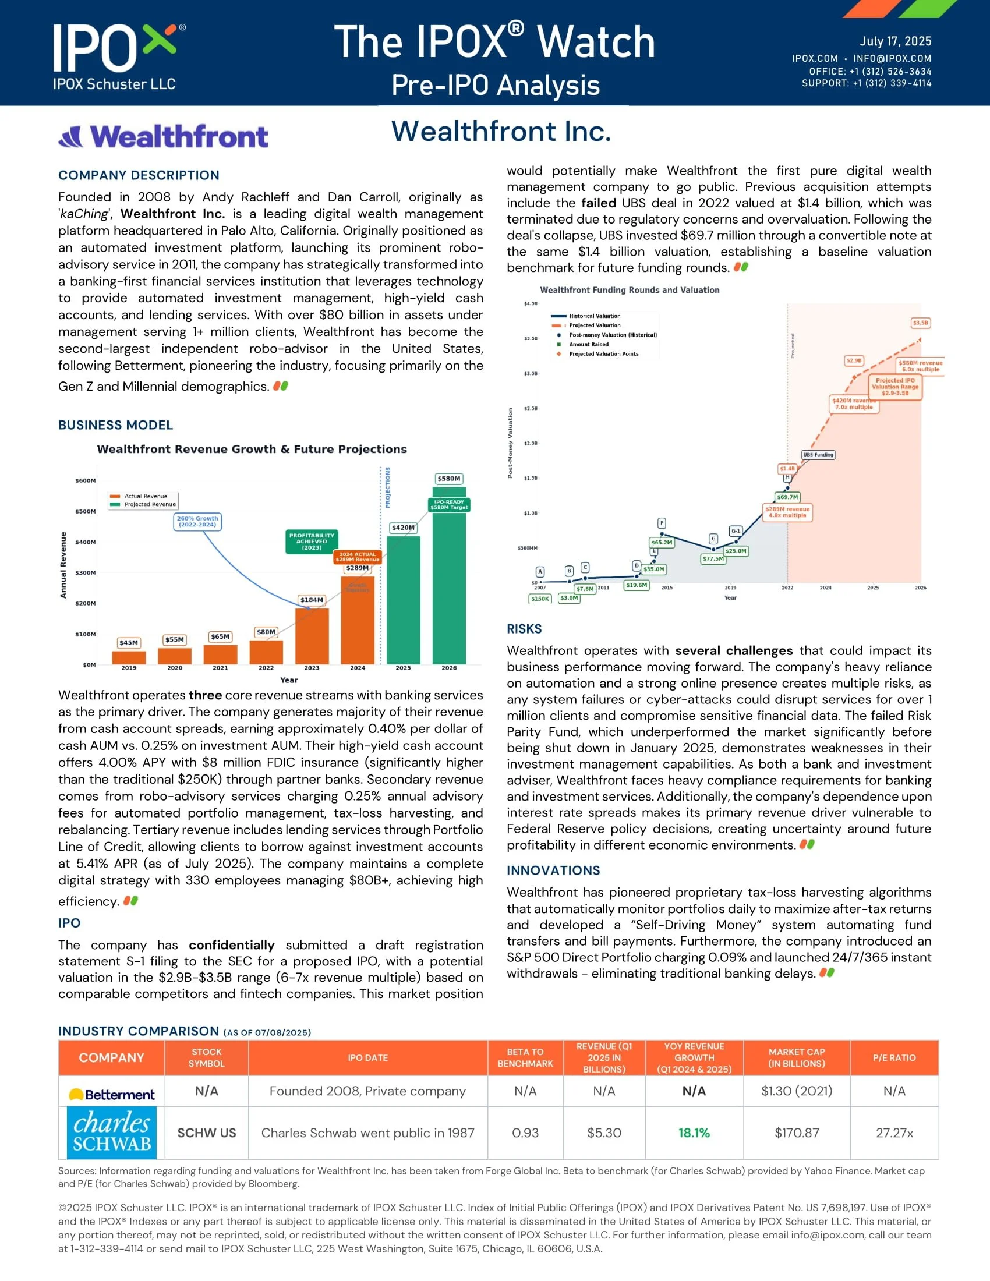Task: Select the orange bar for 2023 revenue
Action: pyautogui.click(x=312, y=636)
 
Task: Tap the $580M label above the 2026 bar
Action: pyautogui.click(x=448, y=479)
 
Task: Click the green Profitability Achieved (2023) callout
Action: pyautogui.click(x=312, y=542)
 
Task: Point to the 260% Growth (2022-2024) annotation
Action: pyautogui.click(x=197, y=522)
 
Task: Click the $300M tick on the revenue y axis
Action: pyautogui.click(x=86, y=572)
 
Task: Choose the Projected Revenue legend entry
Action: pyautogui.click(x=150, y=504)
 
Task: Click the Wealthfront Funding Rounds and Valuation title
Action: pyautogui.click(x=630, y=290)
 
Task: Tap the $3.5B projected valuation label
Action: pyautogui.click(x=920, y=323)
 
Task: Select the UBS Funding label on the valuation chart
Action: pyautogui.click(x=818, y=455)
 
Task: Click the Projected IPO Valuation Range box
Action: pyautogui.click(x=894, y=387)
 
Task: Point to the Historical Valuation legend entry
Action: pyautogui.click(x=594, y=316)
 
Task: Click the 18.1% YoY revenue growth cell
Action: pyautogui.click(x=694, y=1133)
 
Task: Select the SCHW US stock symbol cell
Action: pyautogui.click(x=207, y=1133)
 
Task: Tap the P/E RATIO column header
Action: pyautogui.click(x=894, y=1057)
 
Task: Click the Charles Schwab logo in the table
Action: pyautogui.click(x=111, y=1133)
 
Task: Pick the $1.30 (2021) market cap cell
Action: pyautogui.click(x=796, y=1091)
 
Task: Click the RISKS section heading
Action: pyautogui.click(x=524, y=629)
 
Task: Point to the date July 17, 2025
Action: pyautogui.click(x=895, y=41)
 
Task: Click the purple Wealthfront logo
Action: pyautogui.click(x=164, y=136)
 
